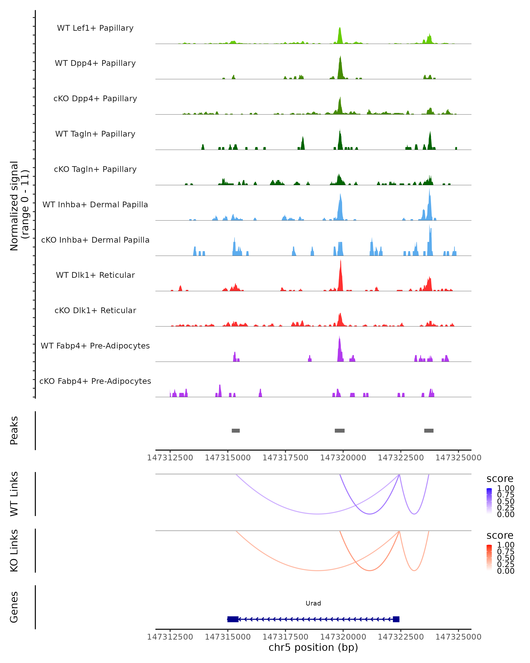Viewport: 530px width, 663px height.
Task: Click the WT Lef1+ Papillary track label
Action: [95, 28]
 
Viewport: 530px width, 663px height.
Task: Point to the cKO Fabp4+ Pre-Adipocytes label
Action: [95, 381]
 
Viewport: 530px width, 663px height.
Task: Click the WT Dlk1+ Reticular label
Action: [95, 275]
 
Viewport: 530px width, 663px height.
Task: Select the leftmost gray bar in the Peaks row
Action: [236, 431]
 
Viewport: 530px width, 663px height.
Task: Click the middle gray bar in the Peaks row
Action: [339, 431]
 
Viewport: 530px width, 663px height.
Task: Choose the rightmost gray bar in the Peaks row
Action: [429, 431]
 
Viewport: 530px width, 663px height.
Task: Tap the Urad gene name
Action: [313, 603]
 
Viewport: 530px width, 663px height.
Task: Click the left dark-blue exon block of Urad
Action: [233, 619]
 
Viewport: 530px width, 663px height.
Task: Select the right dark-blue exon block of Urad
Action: [396, 619]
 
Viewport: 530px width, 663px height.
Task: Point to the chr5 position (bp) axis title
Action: [313, 647]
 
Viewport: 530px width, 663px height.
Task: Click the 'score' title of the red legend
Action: [500, 535]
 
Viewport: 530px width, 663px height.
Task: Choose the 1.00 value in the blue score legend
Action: [506, 488]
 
